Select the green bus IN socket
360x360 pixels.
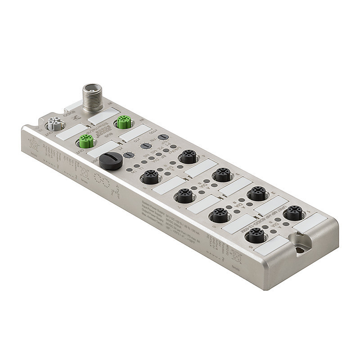122,122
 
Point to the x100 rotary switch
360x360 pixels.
163,137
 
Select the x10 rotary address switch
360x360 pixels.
145,146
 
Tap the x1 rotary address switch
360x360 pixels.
128,155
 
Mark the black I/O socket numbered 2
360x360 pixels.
257,193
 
